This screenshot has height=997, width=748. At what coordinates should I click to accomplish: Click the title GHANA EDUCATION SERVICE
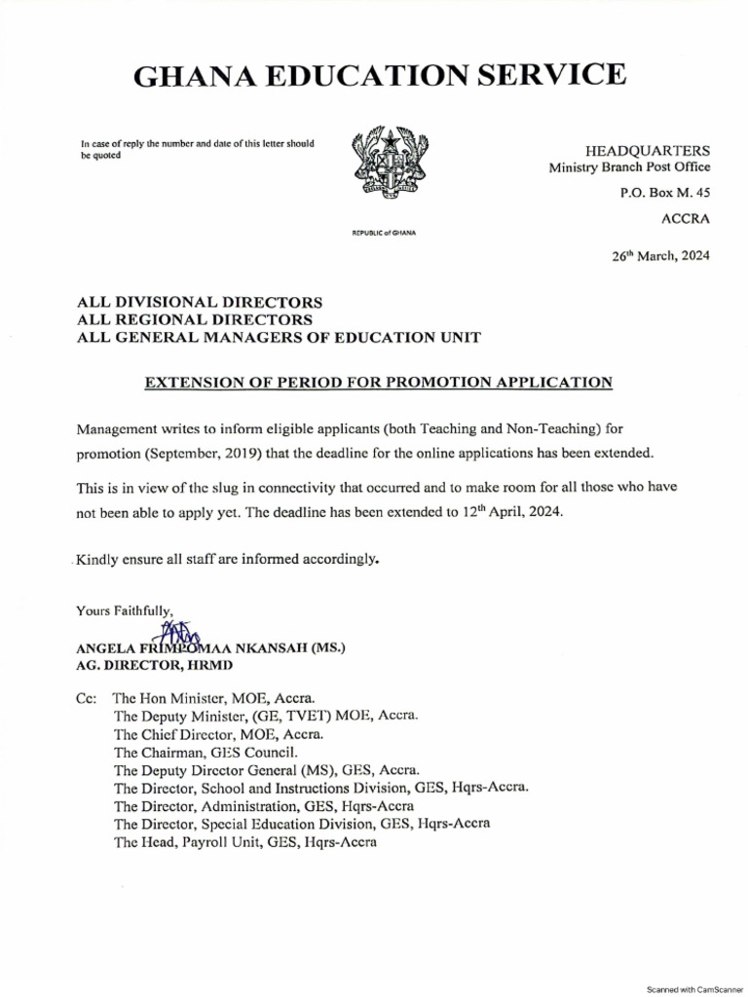tap(379, 74)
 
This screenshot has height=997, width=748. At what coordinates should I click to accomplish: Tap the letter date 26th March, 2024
tap(660, 257)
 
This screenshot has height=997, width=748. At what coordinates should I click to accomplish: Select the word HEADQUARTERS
tap(647, 150)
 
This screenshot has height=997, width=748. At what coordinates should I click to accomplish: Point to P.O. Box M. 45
tap(665, 193)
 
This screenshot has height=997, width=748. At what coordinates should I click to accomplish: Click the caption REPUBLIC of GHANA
tap(383, 234)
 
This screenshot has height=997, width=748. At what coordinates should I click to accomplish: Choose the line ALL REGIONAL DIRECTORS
tap(195, 319)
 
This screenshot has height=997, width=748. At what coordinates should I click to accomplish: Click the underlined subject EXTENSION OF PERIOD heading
tap(379, 383)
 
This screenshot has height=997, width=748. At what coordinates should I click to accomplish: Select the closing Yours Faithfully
tap(125, 611)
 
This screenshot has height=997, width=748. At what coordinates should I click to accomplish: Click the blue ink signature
tap(180, 637)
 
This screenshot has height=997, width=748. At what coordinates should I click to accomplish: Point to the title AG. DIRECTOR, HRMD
tap(155, 666)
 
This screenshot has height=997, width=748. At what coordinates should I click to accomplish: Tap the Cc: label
tap(88, 698)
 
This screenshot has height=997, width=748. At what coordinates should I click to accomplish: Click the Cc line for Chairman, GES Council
tap(206, 752)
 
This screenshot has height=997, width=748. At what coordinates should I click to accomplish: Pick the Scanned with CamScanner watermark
tap(694, 988)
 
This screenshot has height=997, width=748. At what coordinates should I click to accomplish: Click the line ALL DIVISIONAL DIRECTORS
tap(200, 302)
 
